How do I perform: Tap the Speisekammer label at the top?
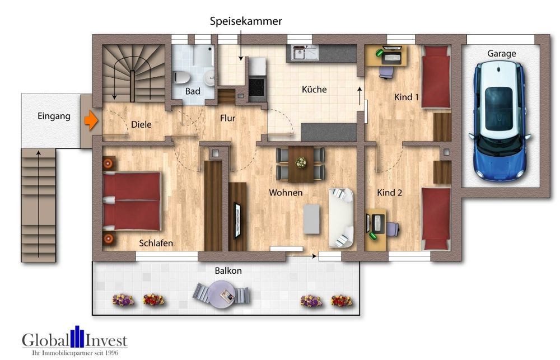[246, 21]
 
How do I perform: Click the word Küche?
[314, 89]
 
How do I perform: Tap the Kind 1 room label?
[407, 97]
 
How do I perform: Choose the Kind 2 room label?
[390, 193]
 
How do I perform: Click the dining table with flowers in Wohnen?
[301, 163]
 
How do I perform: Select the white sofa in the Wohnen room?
[341, 217]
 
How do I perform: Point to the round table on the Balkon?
[221, 292]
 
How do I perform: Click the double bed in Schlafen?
[132, 200]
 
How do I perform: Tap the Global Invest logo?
[74, 341]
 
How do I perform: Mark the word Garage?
[501, 54]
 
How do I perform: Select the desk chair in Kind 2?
[391, 228]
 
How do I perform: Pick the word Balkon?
[228, 270]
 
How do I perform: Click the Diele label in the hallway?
[141, 125]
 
